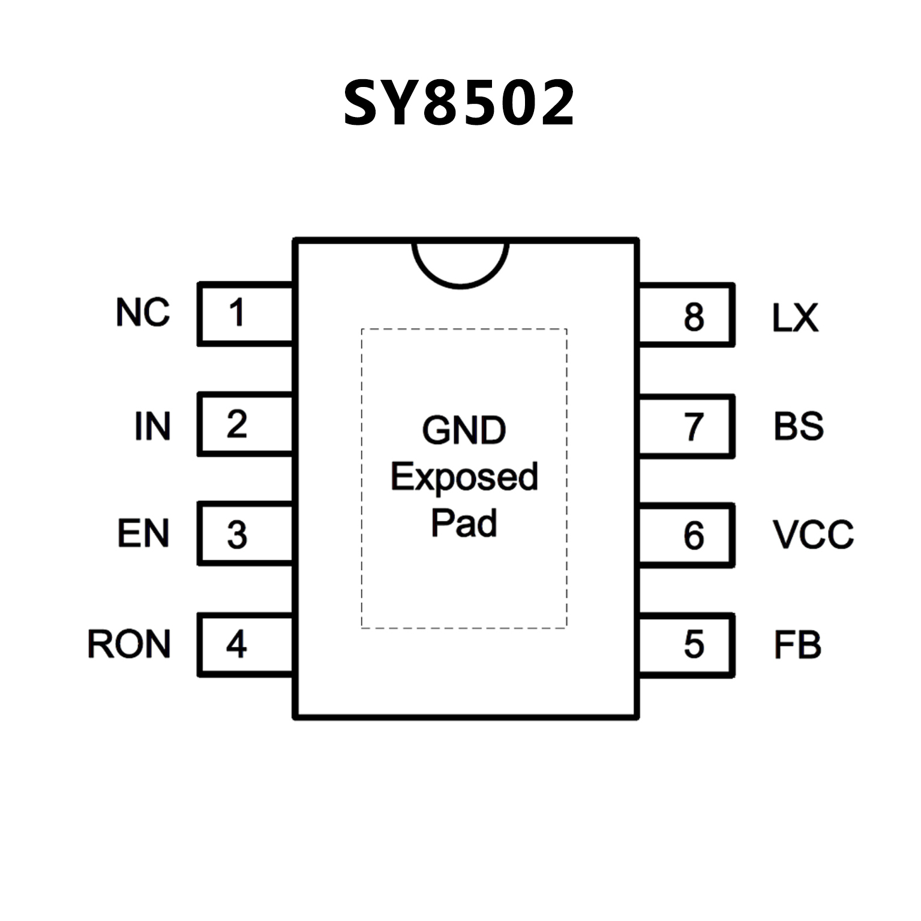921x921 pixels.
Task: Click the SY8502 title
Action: pos(459,103)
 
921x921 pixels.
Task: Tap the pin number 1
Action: pos(237,313)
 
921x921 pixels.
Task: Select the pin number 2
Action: pos(237,424)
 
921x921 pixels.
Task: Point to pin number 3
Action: pos(237,535)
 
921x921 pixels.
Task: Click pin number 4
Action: pos(236,644)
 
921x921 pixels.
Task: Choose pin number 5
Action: pos(694,644)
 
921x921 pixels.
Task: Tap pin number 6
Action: pos(694,535)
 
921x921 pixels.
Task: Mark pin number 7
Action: pos(694,427)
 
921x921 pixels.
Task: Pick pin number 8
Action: pos(694,317)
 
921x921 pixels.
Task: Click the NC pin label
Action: pos(143,313)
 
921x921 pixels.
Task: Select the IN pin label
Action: pos(152,426)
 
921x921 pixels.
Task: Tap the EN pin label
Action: pos(143,533)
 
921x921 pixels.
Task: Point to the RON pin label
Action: pos(129,644)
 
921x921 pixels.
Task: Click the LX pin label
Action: pos(795,317)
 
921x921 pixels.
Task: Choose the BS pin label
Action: pos(798,426)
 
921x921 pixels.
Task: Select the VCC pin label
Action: pos(813,534)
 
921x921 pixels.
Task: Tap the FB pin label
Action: pos(797,645)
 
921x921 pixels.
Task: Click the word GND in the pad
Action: pos(464,430)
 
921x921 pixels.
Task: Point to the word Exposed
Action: pos(464,478)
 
